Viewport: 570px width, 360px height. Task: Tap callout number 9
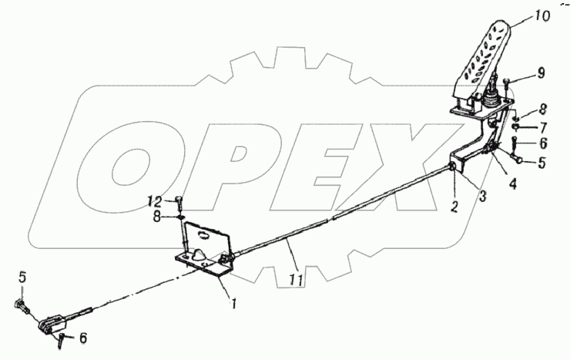coord(540,73)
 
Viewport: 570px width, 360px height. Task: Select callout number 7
coord(542,126)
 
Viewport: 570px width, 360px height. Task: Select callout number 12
coord(156,201)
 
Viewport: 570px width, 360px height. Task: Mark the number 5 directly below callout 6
coord(542,162)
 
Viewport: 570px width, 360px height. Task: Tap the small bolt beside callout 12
coord(179,202)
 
